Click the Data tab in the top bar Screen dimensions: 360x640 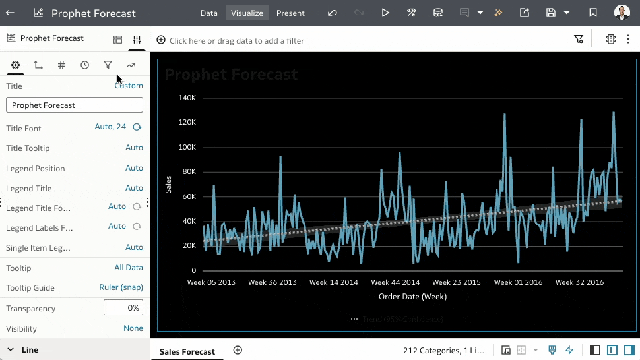coord(208,13)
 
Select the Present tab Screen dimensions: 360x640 coord(290,13)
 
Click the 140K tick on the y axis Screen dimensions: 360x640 coord(187,98)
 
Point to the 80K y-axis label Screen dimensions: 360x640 coord(189,171)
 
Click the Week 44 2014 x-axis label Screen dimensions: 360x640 coord(395,282)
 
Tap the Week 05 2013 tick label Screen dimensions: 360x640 coord(211,282)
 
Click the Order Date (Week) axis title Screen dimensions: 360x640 coord(412,297)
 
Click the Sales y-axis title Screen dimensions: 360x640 coord(168,184)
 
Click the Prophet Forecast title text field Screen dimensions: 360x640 coord(75,105)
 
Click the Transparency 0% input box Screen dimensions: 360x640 coord(123,307)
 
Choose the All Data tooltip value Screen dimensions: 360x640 coord(129,268)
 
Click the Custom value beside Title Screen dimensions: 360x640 coord(129,86)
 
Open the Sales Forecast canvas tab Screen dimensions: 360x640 coord(187,351)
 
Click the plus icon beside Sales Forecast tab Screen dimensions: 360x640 coord(238,350)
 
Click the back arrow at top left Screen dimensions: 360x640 coord(11,13)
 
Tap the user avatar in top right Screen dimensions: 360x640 coord(622,13)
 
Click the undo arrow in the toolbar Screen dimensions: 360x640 coord(332,13)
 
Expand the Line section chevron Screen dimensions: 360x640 coord(11,349)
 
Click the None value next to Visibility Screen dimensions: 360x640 coord(133,328)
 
